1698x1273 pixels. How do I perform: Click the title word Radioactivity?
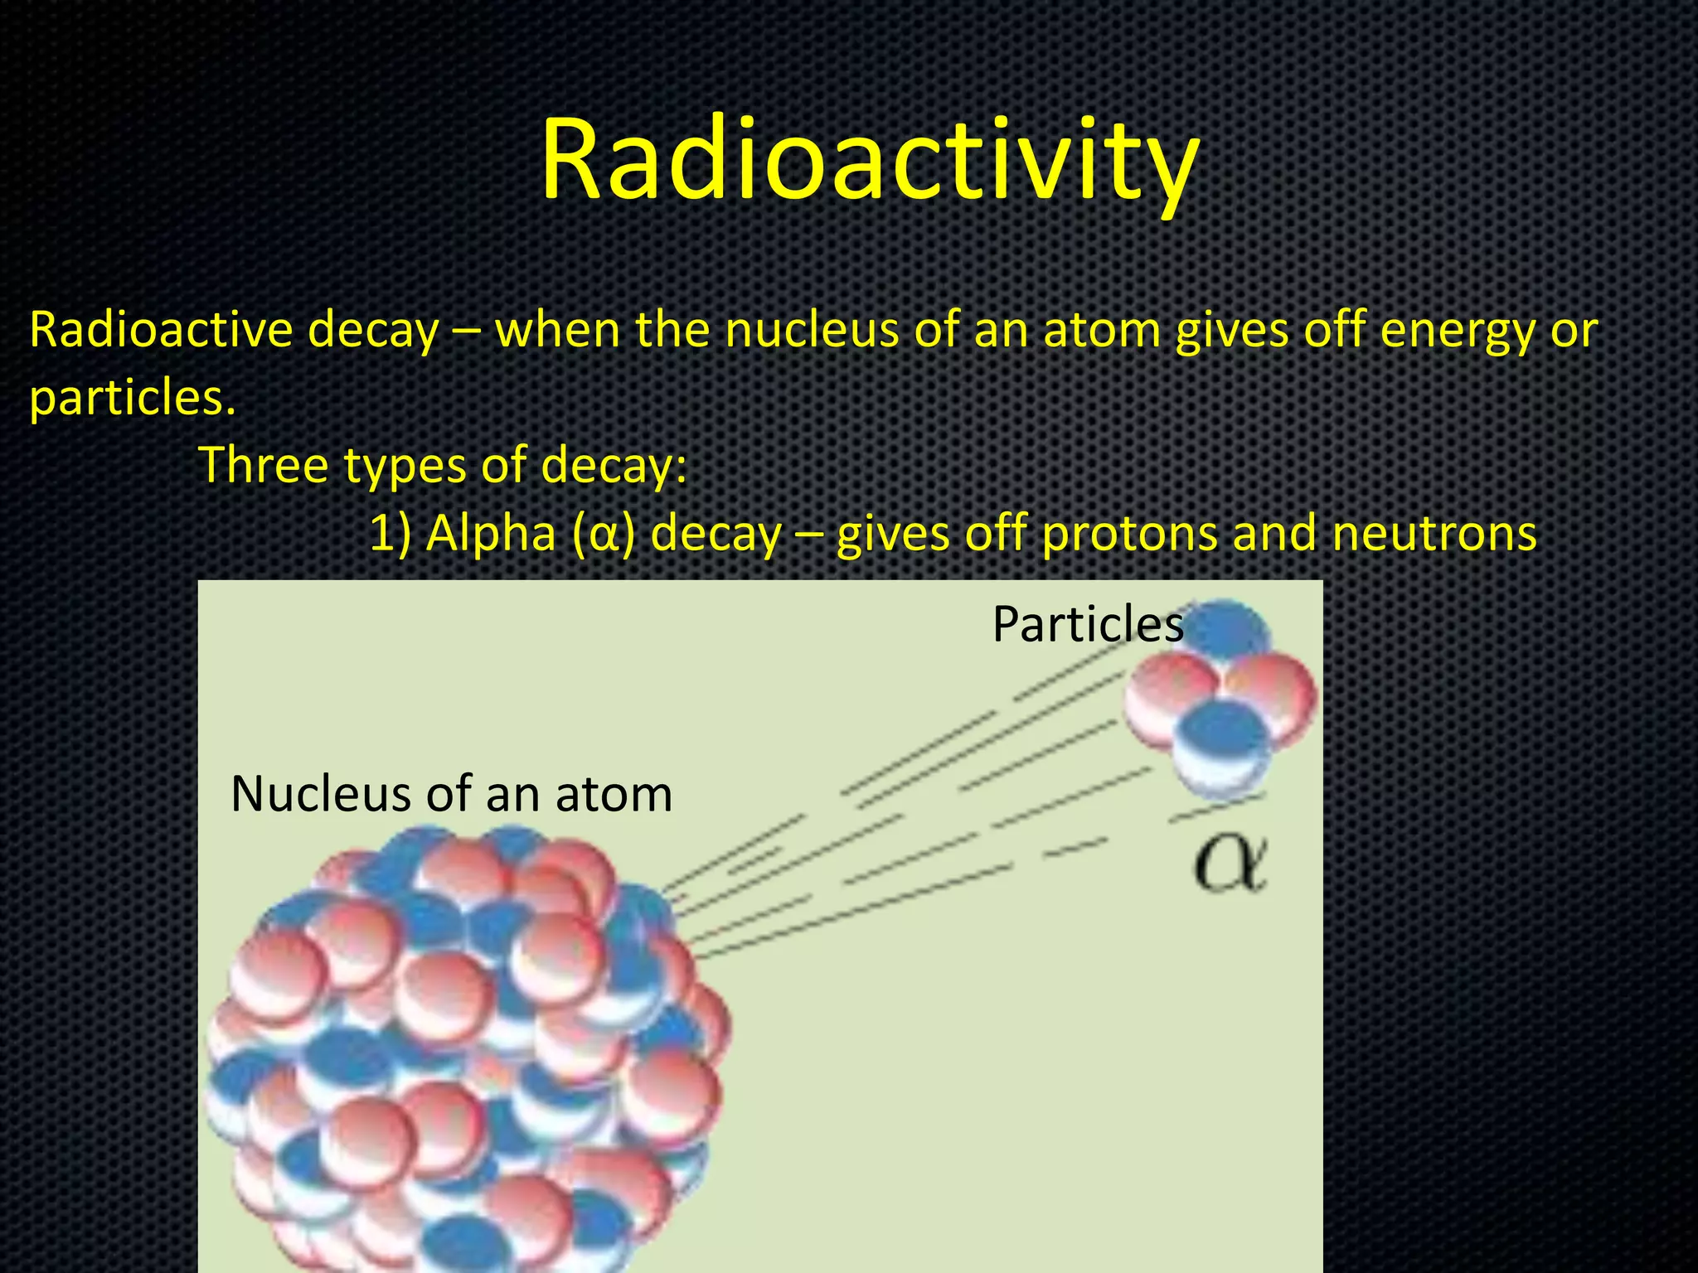(869, 159)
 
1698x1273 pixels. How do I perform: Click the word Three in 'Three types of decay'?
(264, 464)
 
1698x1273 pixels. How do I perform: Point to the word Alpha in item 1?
(490, 533)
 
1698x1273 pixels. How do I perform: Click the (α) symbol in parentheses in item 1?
(603, 534)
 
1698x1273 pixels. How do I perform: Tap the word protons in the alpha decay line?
(1130, 534)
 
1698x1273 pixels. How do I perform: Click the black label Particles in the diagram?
(1088, 624)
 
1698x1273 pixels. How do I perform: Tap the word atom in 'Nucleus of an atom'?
(614, 794)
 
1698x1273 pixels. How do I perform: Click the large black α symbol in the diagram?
(1230, 864)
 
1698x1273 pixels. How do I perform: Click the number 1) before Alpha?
(390, 534)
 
